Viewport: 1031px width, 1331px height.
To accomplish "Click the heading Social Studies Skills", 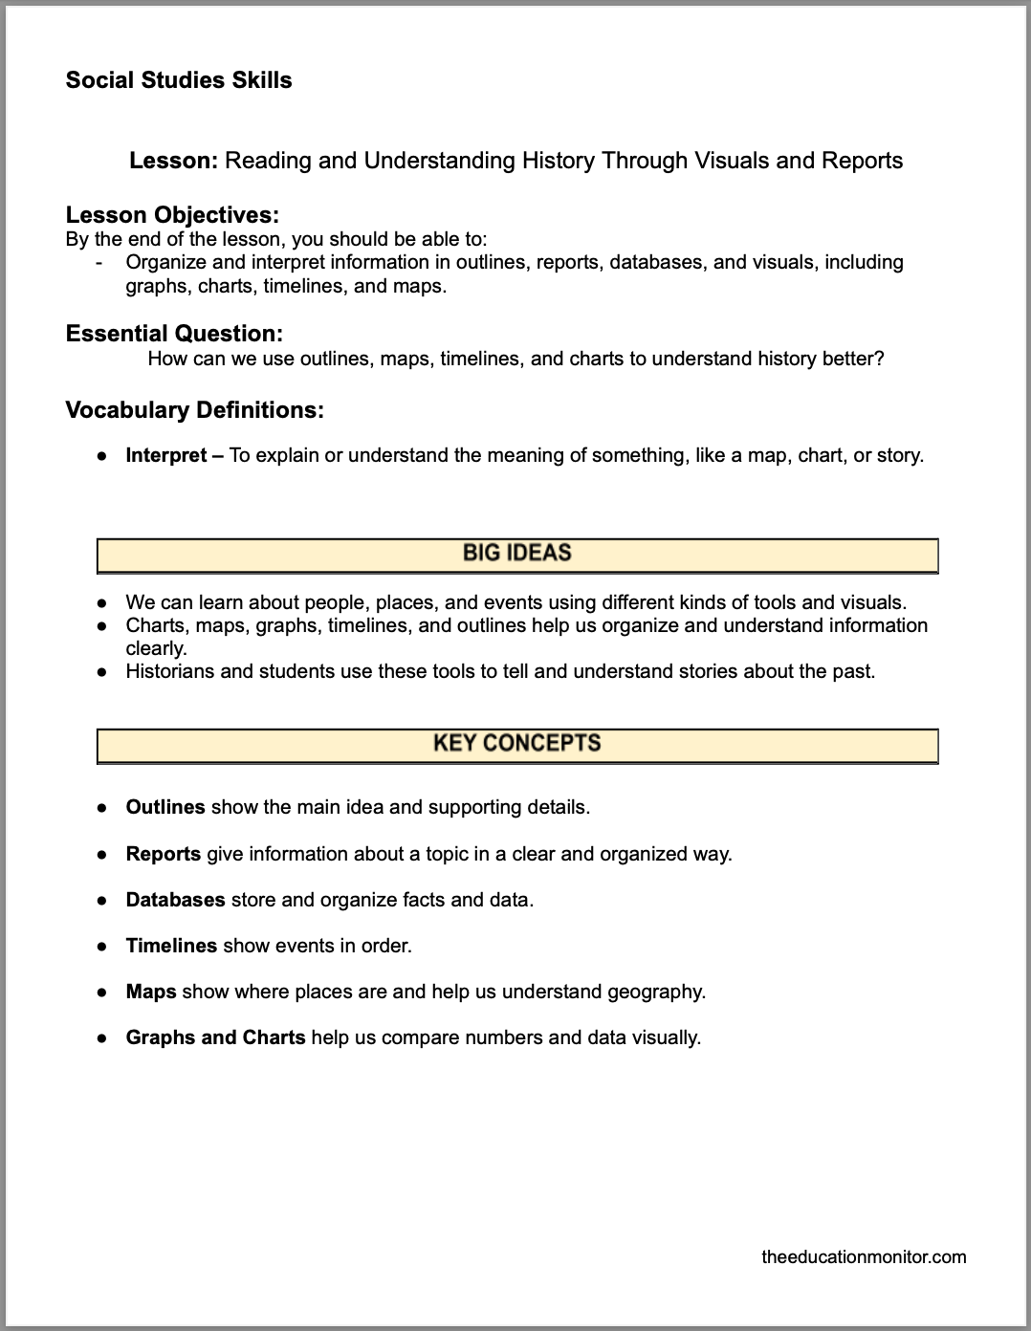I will [x=179, y=80].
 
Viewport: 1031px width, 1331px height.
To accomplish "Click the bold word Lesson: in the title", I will [x=174, y=161].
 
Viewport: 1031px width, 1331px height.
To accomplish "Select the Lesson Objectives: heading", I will [x=172, y=215].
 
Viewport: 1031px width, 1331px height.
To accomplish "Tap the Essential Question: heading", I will [x=174, y=334].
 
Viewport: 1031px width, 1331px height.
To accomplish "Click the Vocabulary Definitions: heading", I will [x=194, y=410].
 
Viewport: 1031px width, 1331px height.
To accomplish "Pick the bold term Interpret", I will [x=166, y=455].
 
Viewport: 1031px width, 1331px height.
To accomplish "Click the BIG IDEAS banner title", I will [x=516, y=553].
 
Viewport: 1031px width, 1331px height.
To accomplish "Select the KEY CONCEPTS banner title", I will [x=516, y=743].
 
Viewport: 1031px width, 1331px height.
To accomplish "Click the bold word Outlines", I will [x=165, y=807].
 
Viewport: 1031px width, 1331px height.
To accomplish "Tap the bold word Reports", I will [x=164, y=854].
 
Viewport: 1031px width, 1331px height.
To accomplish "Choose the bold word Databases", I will [x=175, y=900].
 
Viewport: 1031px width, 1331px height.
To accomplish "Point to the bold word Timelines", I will [x=171, y=946].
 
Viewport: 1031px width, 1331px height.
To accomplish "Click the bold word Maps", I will [x=151, y=992].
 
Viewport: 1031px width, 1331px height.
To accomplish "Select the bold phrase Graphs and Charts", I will [x=215, y=1037].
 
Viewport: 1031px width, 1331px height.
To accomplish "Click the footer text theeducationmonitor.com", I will [x=864, y=1256].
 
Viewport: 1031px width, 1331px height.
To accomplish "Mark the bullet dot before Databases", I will [x=100, y=900].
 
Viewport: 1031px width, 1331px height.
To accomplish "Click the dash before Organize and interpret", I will [x=100, y=262].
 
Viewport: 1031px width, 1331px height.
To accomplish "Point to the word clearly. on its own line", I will [x=156, y=648].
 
